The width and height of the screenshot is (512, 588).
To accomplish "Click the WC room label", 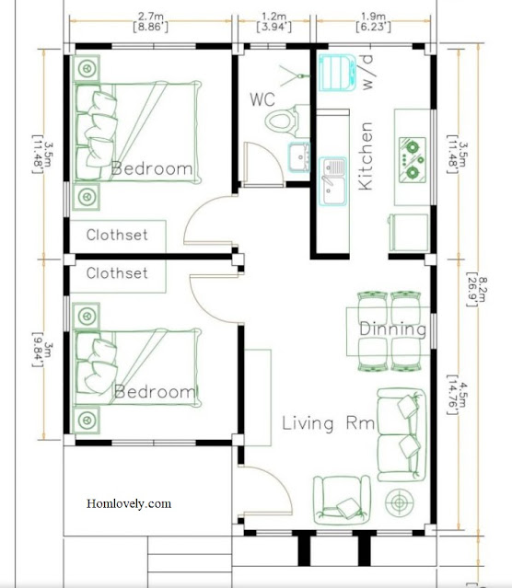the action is [262, 99].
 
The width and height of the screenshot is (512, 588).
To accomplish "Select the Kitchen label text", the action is [366, 156].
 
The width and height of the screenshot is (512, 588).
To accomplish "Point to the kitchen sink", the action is [332, 181].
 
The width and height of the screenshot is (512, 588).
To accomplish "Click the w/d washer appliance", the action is [337, 73].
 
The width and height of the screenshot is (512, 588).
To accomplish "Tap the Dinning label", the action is [392, 329].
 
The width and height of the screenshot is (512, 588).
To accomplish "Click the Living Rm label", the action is [329, 423].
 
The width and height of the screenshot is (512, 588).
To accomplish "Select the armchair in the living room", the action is [342, 500].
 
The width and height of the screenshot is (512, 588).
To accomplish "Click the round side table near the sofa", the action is [400, 502].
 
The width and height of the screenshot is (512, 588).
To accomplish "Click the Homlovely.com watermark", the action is [129, 503].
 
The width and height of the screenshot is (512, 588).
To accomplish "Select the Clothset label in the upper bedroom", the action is [117, 236].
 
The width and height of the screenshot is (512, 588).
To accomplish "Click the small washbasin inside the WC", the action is [299, 157].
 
